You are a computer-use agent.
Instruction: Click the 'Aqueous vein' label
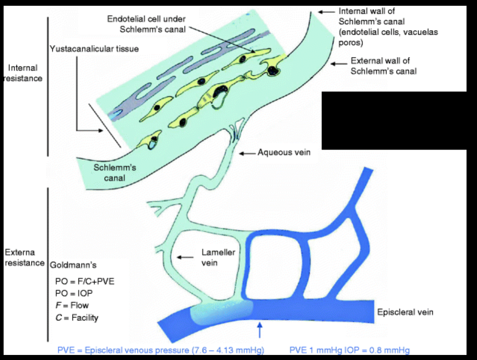[284, 153]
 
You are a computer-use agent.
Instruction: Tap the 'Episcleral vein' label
[405, 312]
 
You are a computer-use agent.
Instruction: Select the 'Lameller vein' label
[218, 257]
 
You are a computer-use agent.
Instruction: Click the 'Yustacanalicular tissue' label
[94, 49]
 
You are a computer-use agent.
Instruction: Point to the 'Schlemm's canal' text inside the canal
[115, 172]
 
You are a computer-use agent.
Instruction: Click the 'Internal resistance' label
[23, 73]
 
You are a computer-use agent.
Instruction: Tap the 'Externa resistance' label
[24, 257]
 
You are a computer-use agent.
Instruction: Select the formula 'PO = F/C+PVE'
[85, 281]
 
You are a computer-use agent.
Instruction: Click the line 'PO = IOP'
[74, 293]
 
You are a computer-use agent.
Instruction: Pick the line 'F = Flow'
[72, 306]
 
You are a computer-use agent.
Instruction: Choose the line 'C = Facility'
[77, 318]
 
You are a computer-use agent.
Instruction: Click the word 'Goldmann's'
[73, 265]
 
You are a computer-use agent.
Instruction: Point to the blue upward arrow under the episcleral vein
[259, 330]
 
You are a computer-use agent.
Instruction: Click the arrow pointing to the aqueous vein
[247, 153]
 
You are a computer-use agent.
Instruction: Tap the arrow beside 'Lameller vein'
[185, 257]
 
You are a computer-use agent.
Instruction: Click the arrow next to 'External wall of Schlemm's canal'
[338, 64]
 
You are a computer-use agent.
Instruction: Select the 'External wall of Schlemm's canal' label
[383, 66]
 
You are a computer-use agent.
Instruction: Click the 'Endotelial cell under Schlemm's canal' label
[146, 24]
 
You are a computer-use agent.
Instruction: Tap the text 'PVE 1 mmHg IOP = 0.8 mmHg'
[349, 350]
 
